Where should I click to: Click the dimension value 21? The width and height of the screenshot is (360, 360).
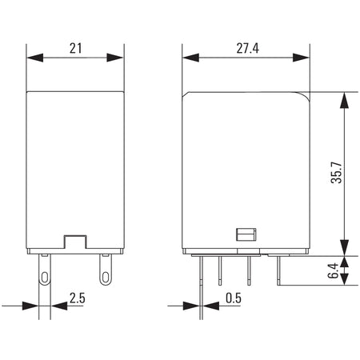point(76,48)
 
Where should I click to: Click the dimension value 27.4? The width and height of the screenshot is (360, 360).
point(247,48)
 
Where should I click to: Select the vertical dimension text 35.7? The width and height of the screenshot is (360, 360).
point(336,172)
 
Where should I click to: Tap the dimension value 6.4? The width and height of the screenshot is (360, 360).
point(334,270)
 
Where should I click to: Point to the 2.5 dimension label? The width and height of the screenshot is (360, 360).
point(78,298)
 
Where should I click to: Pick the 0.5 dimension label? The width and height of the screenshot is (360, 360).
point(234,298)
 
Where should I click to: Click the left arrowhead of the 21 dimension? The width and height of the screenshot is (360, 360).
point(35,58)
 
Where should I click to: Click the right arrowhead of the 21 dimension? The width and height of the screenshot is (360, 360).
point(115,58)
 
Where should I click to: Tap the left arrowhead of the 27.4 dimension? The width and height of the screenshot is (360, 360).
point(191,58)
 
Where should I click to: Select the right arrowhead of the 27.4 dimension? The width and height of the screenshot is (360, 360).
point(301,58)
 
